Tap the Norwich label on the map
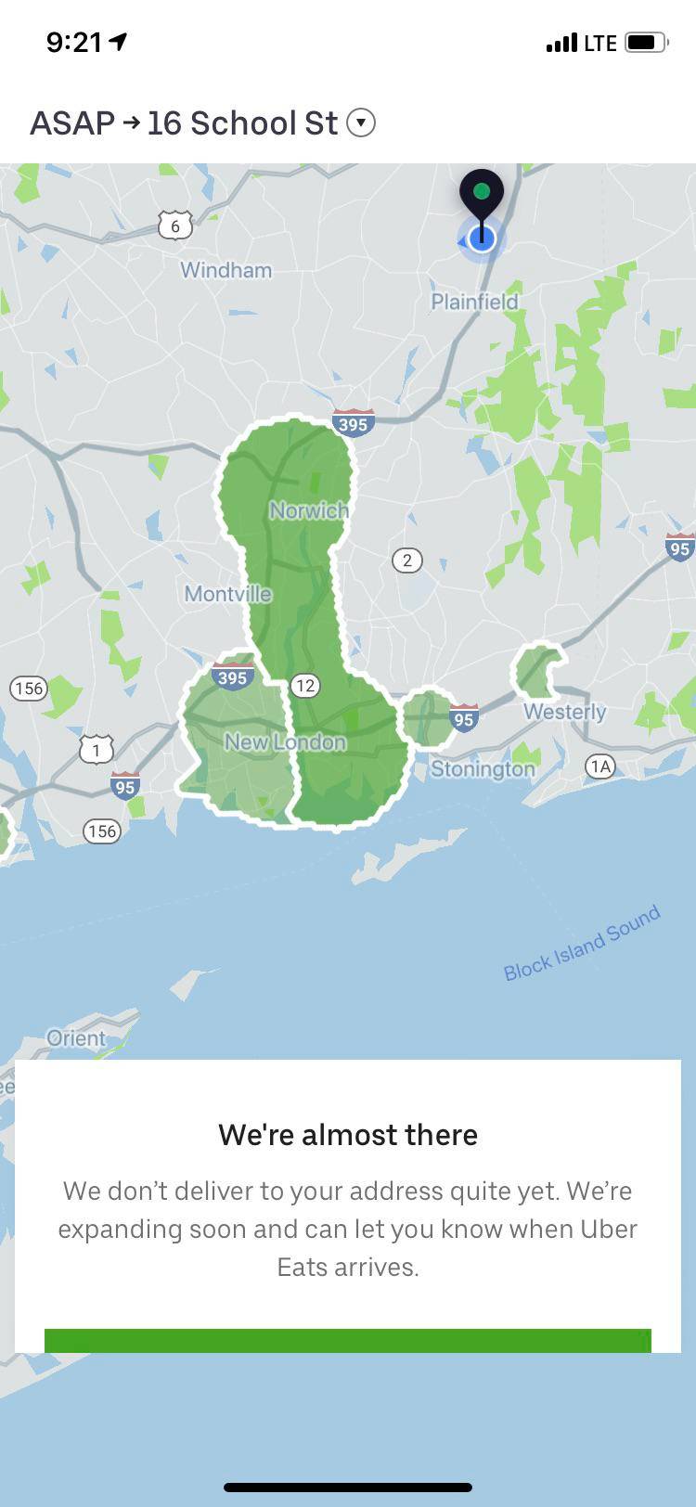tap(309, 510)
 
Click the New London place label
tap(285, 742)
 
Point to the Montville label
tap(228, 594)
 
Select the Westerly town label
tap(564, 712)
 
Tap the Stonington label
tap(483, 769)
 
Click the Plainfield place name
tap(474, 302)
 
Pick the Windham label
tap(226, 270)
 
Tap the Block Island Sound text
tap(582, 943)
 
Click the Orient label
tap(76, 1038)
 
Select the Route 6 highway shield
tap(174, 225)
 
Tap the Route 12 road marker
tap(305, 686)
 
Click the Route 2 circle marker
tap(406, 560)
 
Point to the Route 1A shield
tap(600, 766)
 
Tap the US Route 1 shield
tap(97, 749)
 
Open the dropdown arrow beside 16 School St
tap(361, 122)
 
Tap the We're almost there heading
tap(348, 1135)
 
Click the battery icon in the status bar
tap(645, 43)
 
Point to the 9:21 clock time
tap(74, 43)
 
